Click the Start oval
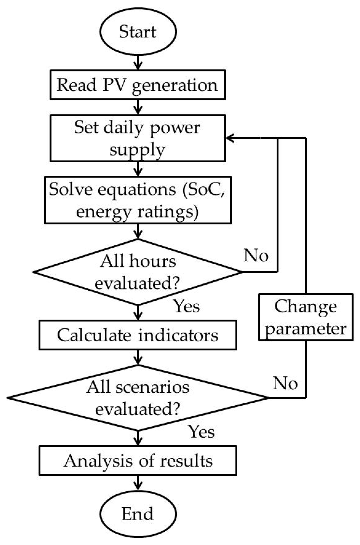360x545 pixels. (138, 31)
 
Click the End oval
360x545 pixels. (138, 514)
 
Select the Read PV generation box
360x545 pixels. (138, 85)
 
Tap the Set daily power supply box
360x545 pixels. (138, 138)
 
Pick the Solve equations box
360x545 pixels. (138, 200)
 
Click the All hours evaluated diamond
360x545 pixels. (138, 272)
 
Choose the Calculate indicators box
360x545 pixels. (138, 335)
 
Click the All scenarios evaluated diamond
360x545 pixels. (138, 398)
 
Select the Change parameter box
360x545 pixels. (306, 317)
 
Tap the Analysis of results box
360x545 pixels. (138, 461)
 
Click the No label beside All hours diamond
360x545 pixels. (256, 256)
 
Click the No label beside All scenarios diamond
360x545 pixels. (285, 383)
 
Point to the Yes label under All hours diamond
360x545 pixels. (187, 306)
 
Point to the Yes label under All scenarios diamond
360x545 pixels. (202, 432)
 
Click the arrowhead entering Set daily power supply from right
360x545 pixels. (230, 138)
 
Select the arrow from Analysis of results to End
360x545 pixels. (138, 483)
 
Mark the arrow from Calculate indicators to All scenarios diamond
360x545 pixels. (138, 357)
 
